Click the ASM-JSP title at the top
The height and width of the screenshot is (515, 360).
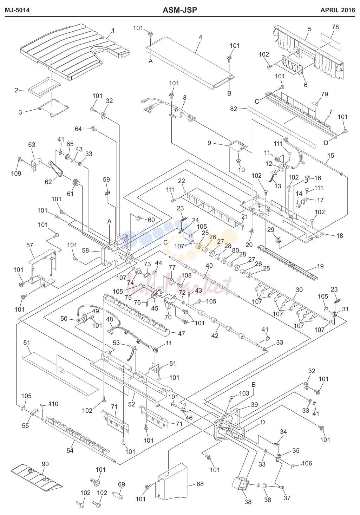click(180, 10)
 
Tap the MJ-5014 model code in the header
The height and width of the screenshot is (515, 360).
click(17, 10)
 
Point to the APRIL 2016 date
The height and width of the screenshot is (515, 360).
click(338, 10)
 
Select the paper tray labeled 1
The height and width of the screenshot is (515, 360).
click(75, 52)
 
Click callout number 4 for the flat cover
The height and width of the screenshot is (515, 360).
click(201, 37)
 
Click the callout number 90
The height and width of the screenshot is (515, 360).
click(45, 464)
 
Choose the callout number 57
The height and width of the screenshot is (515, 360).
click(30, 245)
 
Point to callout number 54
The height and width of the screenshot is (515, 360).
click(70, 450)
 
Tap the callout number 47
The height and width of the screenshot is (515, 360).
click(181, 333)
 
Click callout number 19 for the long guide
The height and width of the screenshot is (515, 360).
click(320, 266)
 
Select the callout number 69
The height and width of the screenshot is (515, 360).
click(122, 484)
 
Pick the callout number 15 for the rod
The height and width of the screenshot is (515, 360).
click(330, 156)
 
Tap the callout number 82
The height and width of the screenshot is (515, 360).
click(234, 109)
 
